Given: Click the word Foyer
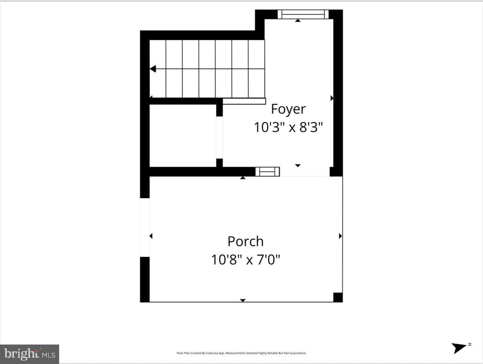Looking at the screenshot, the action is click(288, 109).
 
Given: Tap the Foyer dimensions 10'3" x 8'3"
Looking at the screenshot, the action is click(288, 127).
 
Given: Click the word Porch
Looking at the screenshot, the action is click(246, 241).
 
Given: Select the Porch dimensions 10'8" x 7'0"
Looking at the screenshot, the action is click(246, 260).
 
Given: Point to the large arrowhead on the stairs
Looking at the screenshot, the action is click(153, 69).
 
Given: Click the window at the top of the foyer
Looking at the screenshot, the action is click(303, 14).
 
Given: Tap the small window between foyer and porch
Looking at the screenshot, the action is click(267, 172).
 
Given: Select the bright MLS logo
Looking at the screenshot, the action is click(30, 354).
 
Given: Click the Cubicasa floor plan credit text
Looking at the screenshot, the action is click(241, 353).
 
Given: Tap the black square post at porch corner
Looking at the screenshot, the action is click(338, 297).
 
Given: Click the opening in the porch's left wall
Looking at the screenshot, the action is click(145, 227).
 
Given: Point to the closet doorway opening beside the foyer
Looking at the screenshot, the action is click(219, 137).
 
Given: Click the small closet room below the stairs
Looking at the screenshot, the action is click(183, 136).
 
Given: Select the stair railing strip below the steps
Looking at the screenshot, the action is click(244, 101).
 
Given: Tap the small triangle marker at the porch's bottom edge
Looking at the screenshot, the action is click(243, 300).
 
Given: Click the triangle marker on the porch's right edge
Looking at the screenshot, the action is click(340, 236).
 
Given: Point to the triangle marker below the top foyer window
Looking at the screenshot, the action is click(298, 21).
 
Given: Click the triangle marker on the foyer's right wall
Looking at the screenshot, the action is click(332, 98).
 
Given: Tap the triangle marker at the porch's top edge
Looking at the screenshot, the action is click(243, 178).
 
